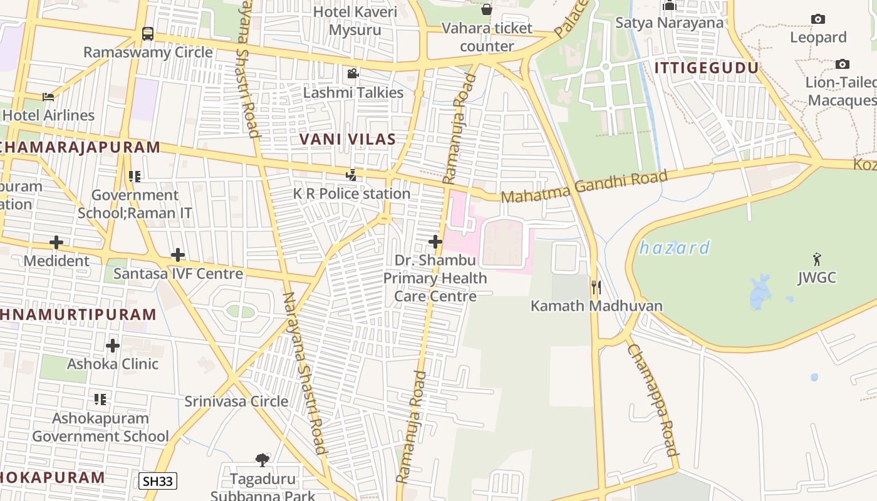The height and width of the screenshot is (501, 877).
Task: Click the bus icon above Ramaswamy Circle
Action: tap(148, 33)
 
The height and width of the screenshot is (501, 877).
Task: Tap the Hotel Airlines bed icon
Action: tap(48, 96)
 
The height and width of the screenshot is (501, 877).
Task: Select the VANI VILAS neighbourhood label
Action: tap(348, 139)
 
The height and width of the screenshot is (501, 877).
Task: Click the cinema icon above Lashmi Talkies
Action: tap(353, 74)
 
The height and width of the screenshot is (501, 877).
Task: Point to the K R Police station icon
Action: tap(351, 175)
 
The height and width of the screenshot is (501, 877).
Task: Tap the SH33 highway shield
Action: tap(158, 481)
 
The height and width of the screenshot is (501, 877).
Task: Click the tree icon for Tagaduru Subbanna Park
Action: tap(262, 460)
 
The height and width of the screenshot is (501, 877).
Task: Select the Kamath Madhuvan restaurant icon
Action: tap(596, 287)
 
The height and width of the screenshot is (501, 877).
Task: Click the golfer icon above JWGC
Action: tap(817, 259)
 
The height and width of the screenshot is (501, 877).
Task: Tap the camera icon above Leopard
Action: tap(818, 19)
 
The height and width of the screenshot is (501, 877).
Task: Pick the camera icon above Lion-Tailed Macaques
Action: tap(843, 64)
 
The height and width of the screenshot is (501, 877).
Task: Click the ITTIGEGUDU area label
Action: tap(707, 68)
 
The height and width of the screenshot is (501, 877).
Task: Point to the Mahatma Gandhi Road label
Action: tap(584, 187)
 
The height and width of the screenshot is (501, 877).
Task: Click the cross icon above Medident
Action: tap(56, 242)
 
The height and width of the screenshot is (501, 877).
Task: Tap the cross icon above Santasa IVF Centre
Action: tap(178, 255)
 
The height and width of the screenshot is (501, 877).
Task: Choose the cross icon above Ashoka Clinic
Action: tap(113, 345)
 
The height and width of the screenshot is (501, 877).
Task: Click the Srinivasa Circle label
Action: tap(236, 401)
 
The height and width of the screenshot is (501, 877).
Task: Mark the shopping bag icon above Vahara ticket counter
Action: tap(487, 9)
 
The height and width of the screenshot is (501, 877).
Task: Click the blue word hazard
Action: tap(675, 248)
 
